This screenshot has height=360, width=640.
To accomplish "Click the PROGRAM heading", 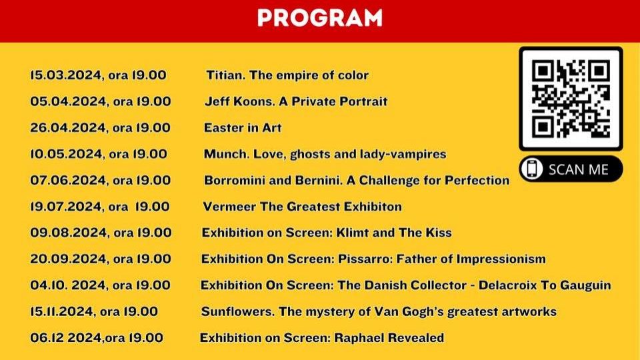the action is (x=319, y=18).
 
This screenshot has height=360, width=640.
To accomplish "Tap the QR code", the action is (x=571, y=99).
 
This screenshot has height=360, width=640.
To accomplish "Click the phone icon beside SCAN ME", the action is (x=532, y=169).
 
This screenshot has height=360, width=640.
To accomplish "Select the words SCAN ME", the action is (x=579, y=169).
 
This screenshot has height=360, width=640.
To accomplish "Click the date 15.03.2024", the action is (x=66, y=75).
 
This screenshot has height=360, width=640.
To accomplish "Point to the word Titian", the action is (x=226, y=75).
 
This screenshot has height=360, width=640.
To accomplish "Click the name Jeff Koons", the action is (x=239, y=101).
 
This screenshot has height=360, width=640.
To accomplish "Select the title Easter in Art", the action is (x=243, y=128).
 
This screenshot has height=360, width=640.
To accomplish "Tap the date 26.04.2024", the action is (x=68, y=128).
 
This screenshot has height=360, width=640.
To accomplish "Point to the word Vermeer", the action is (x=229, y=207).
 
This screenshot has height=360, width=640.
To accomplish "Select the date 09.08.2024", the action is (x=68, y=233).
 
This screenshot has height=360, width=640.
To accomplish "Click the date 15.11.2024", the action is (x=61, y=311).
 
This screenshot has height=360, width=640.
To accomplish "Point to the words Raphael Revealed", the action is (x=389, y=337).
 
